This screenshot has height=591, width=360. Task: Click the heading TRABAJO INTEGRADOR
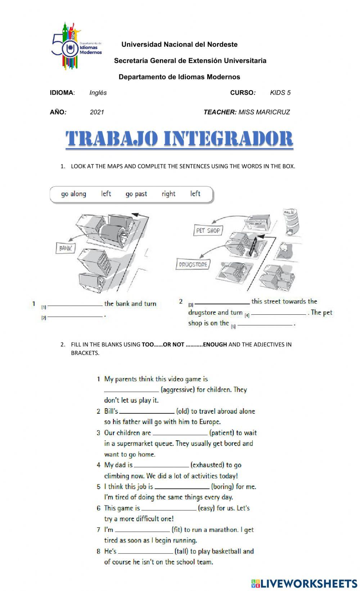click(179, 139)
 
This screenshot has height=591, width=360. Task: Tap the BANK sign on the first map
click(66, 248)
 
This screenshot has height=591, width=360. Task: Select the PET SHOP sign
click(208, 231)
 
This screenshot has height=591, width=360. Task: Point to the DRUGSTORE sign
click(193, 264)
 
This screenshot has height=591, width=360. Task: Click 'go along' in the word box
click(74, 194)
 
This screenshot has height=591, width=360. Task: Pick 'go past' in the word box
click(136, 194)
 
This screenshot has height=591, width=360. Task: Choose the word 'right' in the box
click(168, 194)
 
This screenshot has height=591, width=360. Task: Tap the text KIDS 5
click(280, 93)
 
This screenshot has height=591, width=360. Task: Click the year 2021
click(97, 112)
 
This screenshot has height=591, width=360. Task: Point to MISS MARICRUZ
click(264, 112)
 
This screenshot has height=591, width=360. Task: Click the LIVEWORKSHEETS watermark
click(304, 583)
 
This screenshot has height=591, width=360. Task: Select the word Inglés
click(98, 93)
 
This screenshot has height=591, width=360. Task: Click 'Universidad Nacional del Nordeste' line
click(179, 45)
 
